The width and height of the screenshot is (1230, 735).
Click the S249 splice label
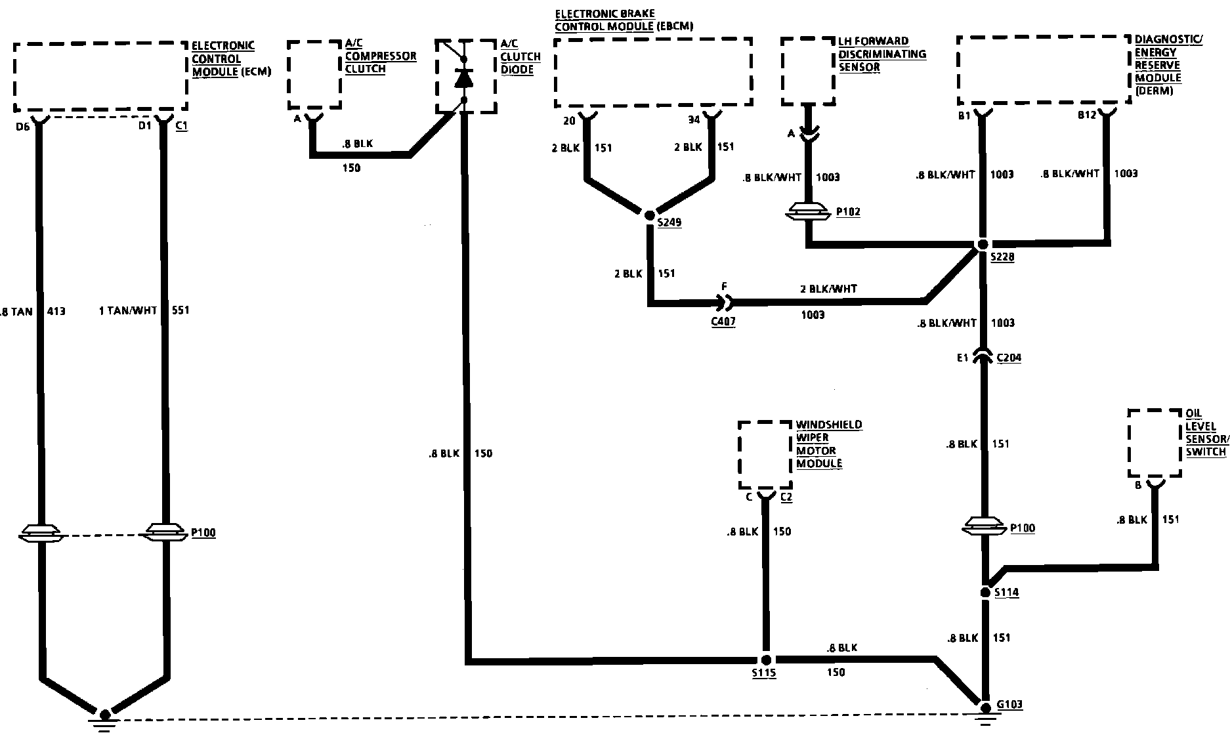click(x=670, y=222)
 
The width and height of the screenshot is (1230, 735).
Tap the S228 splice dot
click(x=983, y=244)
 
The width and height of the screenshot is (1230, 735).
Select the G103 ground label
click(x=1009, y=705)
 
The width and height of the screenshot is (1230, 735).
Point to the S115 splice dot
click(x=765, y=660)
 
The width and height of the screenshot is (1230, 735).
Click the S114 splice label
click(x=1006, y=593)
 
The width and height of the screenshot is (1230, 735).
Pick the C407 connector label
click(x=723, y=322)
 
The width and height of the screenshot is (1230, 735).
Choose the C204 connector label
click(x=1009, y=358)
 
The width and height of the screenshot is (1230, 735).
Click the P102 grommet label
click(x=848, y=212)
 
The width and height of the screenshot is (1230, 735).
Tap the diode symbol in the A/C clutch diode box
click(x=464, y=78)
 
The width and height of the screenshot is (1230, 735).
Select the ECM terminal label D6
click(x=22, y=125)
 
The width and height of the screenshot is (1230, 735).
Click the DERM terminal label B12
click(x=1087, y=116)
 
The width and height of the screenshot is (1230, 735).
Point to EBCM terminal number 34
click(x=694, y=120)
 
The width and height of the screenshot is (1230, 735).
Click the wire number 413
click(x=56, y=311)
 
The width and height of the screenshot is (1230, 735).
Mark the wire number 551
click(x=180, y=310)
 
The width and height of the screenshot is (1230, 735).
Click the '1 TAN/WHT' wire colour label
click(x=128, y=310)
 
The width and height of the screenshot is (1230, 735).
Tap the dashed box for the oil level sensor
click(x=1155, y=443)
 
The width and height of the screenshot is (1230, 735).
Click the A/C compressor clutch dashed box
click(x=314, y=73)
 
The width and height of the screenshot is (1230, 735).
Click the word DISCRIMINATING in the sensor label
click(x=882, y=54)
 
